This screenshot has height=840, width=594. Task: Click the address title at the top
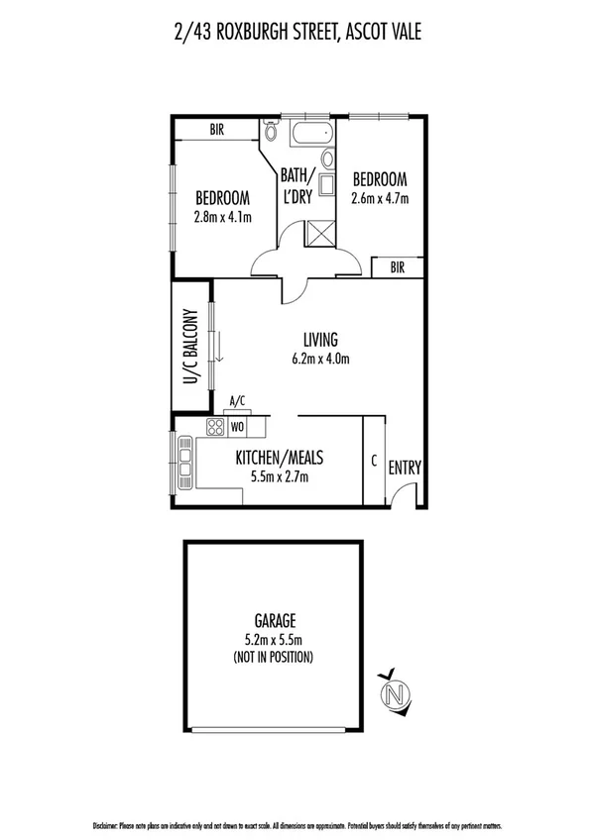pos(297,33)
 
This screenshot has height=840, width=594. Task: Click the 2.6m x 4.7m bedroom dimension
pos(380,197)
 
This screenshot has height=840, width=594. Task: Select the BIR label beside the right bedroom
pos(398,266)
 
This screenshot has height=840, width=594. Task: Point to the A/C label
pos(237,401)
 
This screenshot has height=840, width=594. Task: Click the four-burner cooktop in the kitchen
pos(215,426)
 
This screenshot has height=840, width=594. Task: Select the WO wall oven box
pos(237,427)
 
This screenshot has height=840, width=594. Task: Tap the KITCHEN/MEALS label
pos(280,458)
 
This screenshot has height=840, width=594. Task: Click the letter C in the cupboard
pos(373,460)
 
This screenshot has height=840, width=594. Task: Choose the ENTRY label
pos(405,468)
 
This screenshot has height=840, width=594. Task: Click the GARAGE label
pos(279,621)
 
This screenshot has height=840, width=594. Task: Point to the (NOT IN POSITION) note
pos(279,657)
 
